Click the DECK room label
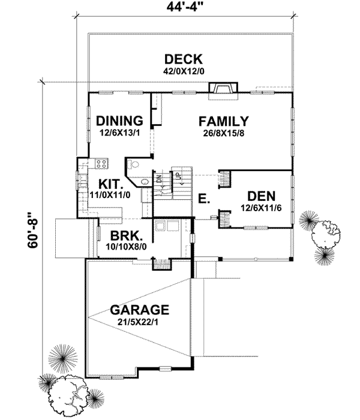(x=184, y=59)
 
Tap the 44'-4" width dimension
(x=184, y=8)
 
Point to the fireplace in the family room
(x=221, y=90)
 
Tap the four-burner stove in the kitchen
(x=100, y=163)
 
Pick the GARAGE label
(x=139, y=311)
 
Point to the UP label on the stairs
(x=178, y=177)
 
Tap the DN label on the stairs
(x=160, y=178)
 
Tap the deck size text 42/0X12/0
(x=184, y=71)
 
